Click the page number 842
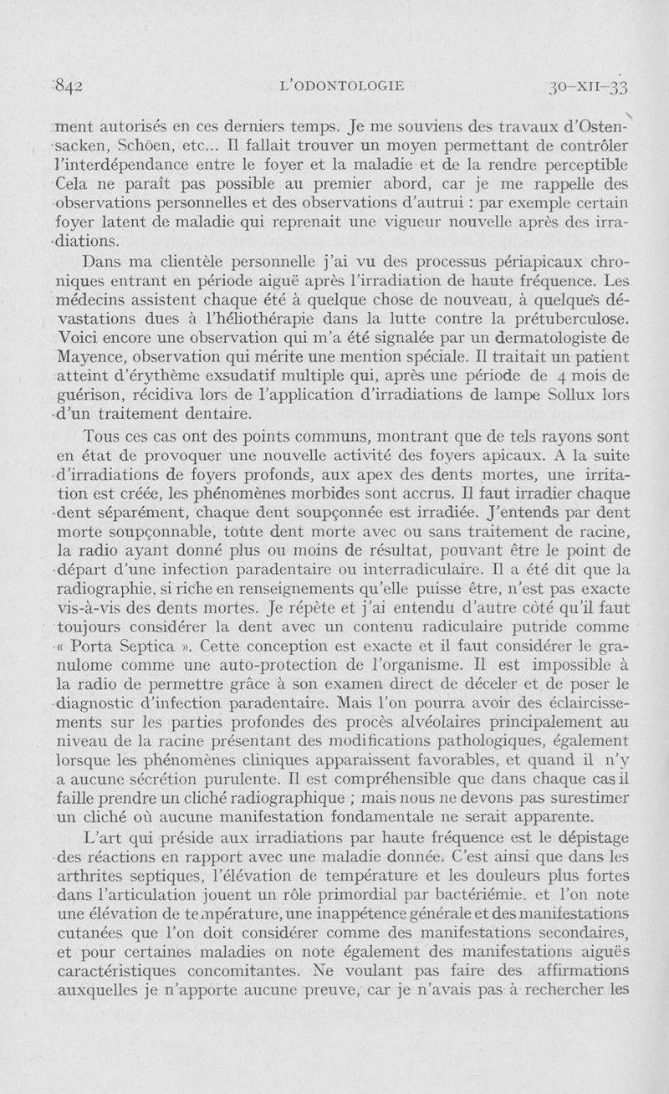pyautogui.click(x=74, y=85)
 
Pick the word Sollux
pyautogui.click(x=569, y=393)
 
